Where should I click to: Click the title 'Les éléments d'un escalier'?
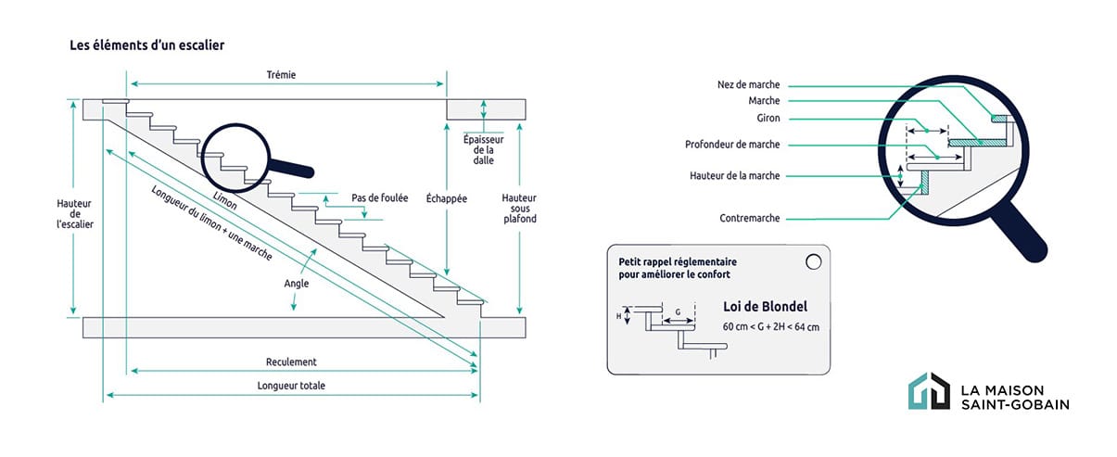click(x=146, y=44)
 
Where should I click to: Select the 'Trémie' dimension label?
click(x=280, y=74)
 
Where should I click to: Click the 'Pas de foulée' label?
click(x=379, y=197)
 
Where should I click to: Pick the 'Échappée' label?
click(x=446, y=198)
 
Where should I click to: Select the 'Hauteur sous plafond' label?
click(x=518, y=209)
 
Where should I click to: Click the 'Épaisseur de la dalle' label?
click(x=483, y=148)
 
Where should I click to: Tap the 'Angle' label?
click(x=297, y=284)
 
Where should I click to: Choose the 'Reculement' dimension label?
click(x=291, y=362)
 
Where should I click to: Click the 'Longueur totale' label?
click(x=291, y=386)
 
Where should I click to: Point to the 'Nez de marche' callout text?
click(x=749, y=84)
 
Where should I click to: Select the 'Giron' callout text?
click(x=768, y=118)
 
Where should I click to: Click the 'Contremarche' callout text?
click(x=750, y=218)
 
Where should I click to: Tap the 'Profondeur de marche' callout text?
click(x=732, y=145)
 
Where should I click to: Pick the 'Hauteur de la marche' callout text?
click(x=734, y=175)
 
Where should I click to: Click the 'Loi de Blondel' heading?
click(x=764, y=307)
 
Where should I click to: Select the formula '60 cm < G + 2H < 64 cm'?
click(x=770, y=327)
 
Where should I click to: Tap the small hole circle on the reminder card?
click(x=813, y=262)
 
